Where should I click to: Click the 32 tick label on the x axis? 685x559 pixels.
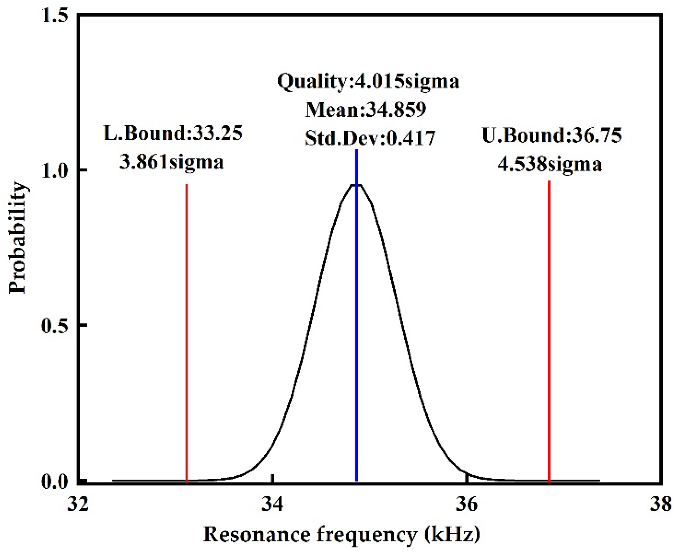(x=78, y=504)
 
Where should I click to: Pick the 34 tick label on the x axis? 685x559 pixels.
(x=272, y=504)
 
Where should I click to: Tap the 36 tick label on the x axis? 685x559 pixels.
(x=467, y=504)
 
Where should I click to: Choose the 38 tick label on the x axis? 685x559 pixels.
(x=661, y=504)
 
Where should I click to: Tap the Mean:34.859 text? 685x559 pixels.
(x=366, y=110)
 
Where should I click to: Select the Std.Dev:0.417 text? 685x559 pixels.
(x=370, y=138)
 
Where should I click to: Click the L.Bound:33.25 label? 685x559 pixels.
(x=173, y=133)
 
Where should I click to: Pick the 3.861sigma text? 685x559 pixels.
(x=172, y=162)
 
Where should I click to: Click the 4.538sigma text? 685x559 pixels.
(x=550, y=164)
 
